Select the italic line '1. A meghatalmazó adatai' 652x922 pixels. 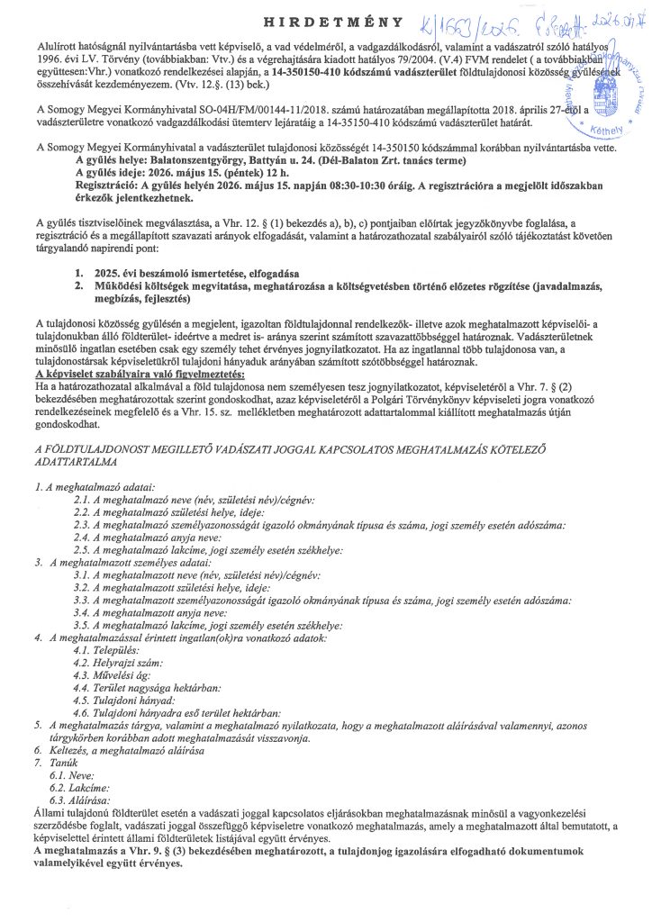coord(95,485)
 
